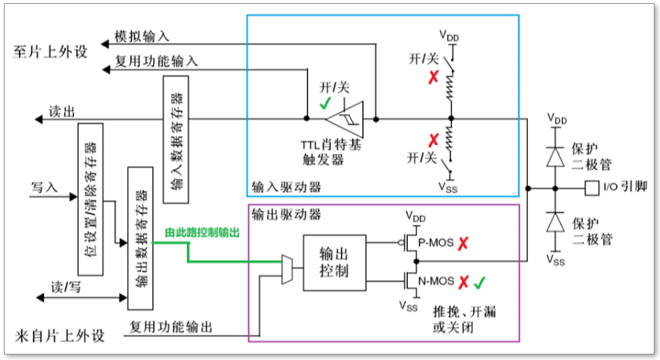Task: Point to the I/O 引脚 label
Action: click(624, 188)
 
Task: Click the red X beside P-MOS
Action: click(467, 243)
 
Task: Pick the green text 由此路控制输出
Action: click(202, 233)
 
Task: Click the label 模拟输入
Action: click(141, 37)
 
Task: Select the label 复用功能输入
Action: click(156, 60)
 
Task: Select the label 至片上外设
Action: click(51, 51)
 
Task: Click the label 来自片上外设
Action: click(58, 337)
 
